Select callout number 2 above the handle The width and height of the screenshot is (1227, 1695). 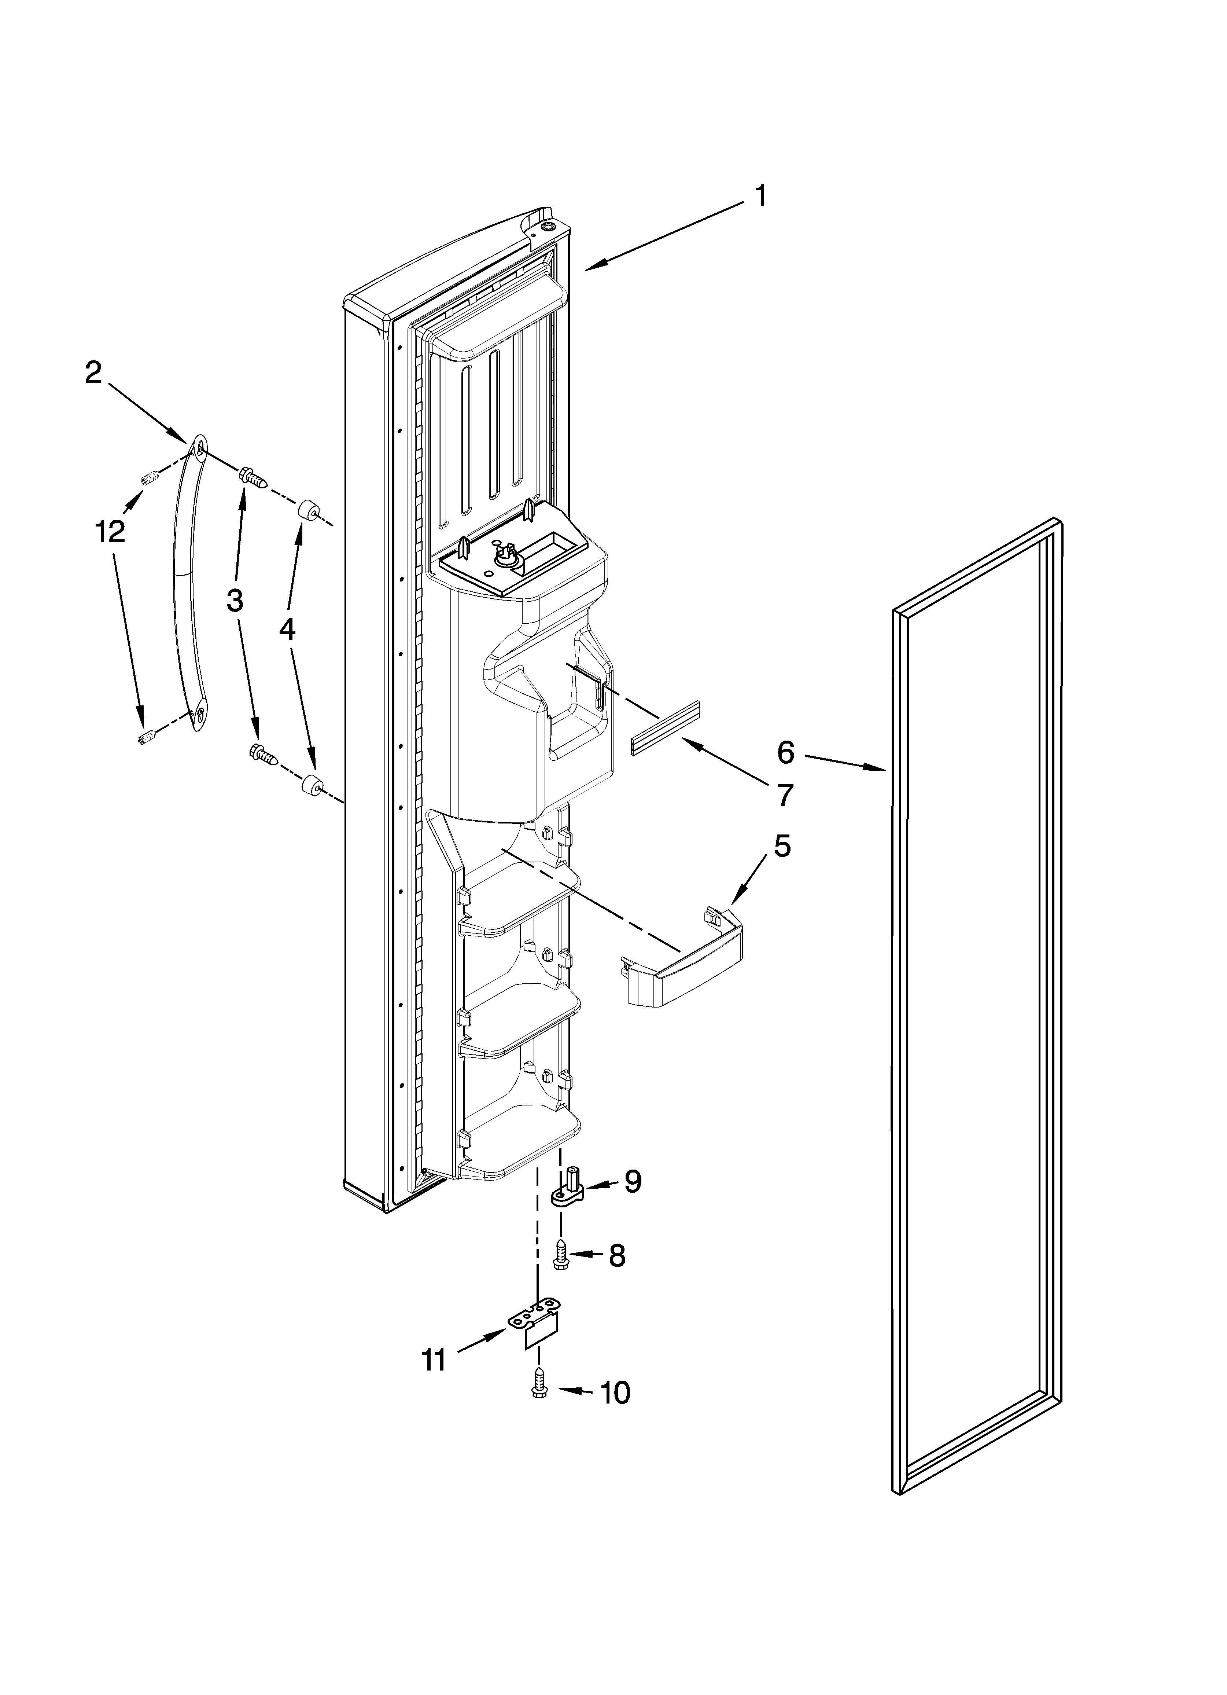pyautogui.click(x=93, y=372)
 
